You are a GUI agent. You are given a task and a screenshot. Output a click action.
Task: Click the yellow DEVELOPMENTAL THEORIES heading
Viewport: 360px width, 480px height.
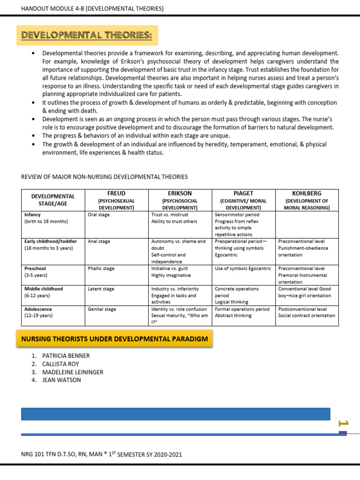click(87, 35)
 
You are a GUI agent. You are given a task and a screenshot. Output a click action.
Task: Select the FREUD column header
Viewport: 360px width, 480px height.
click(116, 193)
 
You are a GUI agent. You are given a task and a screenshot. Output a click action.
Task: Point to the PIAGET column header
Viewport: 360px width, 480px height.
click(243, 193)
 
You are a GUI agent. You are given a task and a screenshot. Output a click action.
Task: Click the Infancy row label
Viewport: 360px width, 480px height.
click(32, 215)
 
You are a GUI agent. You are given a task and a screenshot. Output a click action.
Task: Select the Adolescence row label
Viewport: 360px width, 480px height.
click(38, 309)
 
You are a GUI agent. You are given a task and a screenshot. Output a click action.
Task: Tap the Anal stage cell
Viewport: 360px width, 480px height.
click(99, 241)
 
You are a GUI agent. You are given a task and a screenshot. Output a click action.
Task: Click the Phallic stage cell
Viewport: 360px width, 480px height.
click(101, 269)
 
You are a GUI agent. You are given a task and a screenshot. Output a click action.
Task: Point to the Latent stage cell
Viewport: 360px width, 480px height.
click(101, 289)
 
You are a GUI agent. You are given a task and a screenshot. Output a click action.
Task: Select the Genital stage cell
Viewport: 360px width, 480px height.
click(102, 309)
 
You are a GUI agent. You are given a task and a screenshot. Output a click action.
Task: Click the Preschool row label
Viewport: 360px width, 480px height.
click(36, 269)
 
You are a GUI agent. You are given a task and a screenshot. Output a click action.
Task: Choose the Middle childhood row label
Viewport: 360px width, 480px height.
click(44, 289)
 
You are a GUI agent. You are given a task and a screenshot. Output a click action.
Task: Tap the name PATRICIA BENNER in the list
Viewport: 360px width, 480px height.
click(66, 356)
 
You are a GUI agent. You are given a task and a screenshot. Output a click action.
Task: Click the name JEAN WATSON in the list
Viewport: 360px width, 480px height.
click(61, 380)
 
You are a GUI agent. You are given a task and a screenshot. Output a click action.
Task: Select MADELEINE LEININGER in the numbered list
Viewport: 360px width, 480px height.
click(73, 372)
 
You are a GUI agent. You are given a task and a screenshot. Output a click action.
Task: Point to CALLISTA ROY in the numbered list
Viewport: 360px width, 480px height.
click(60, 364)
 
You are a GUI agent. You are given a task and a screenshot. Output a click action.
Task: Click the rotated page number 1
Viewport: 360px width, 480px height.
click(343, 424)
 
